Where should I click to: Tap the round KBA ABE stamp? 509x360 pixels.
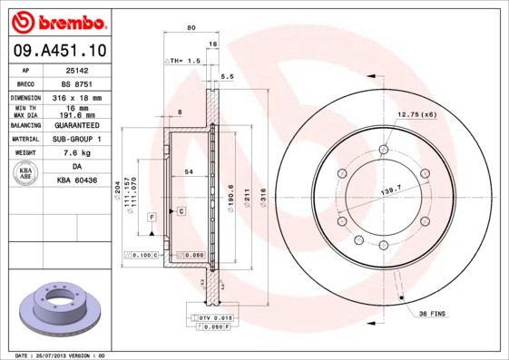click(26, 174)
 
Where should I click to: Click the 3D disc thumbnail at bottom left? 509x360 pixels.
click(60, 311)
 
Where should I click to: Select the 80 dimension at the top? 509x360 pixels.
click(191, 28)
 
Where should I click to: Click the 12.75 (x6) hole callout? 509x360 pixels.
click(416, 114)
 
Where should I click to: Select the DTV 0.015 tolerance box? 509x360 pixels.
click(215, 317)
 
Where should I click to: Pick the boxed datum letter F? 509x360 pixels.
click(152, 217)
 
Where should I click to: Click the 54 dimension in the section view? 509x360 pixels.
click(188, 171)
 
